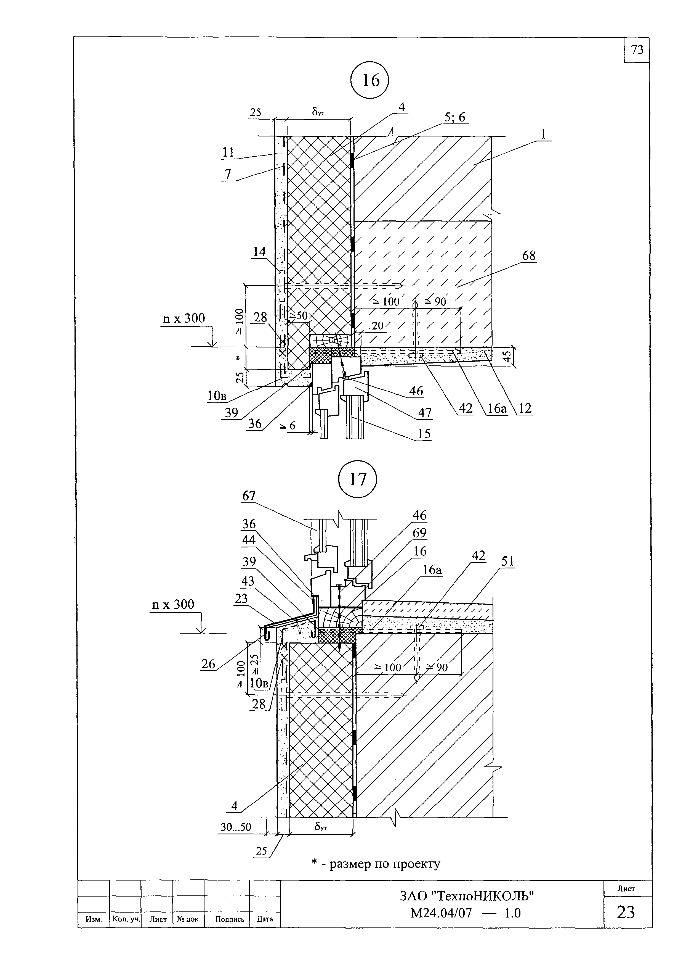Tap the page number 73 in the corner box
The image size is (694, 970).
637,50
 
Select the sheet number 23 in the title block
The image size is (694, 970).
626,913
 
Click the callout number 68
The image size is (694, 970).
529,256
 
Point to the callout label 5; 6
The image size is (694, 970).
455,118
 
